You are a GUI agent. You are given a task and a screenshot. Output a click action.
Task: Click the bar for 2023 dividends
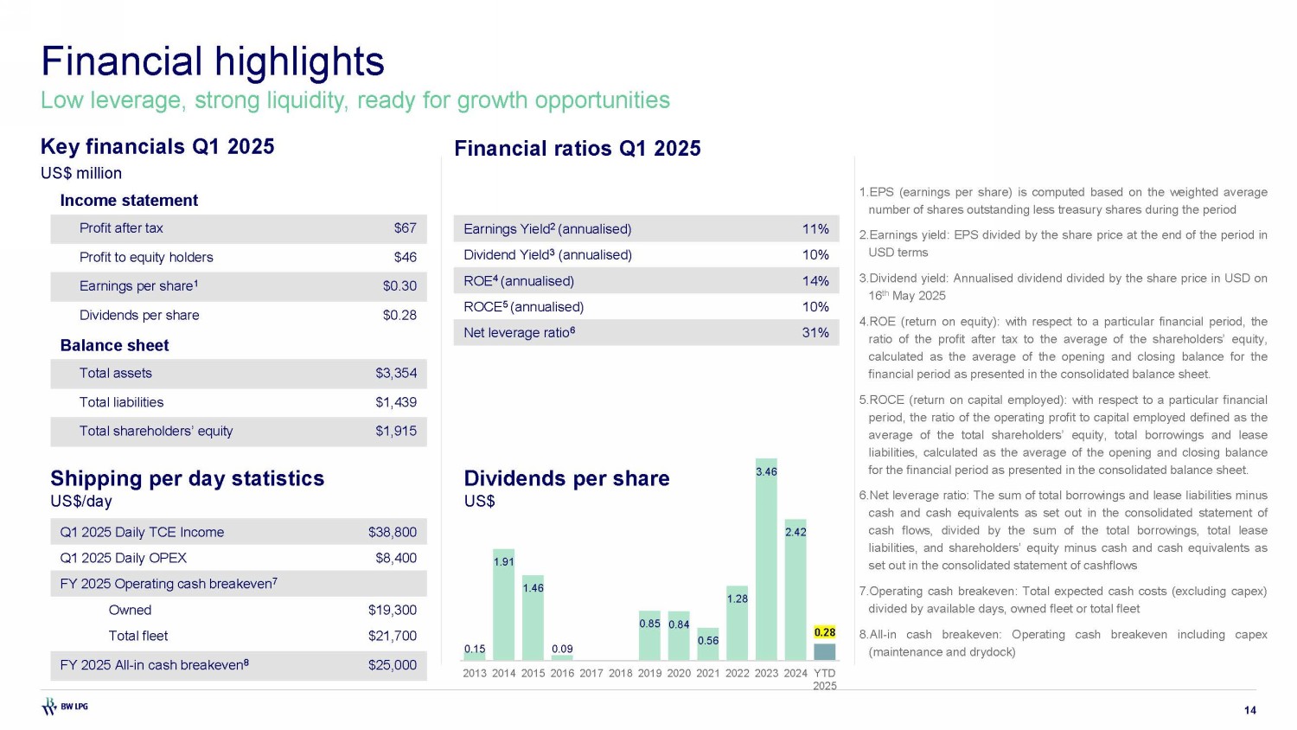pyautogui.click(x=766, y=562)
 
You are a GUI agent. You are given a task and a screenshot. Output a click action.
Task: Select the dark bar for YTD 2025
pyautogui.click(x=825, y=651)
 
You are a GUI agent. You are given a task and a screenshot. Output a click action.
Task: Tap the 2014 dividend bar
pyautogui.click(x=503, y=605)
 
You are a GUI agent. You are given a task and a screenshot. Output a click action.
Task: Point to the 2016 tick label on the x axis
pyautogui.click(x=562, y=673)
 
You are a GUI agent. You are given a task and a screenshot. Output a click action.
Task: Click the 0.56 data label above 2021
pyautogui.click(x=708, y=641)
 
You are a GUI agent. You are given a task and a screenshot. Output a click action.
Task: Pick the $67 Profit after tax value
pyautogui.click(x=405, y=228)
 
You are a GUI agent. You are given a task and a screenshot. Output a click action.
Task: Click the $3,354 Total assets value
pyautogui.click(x=396, y=374)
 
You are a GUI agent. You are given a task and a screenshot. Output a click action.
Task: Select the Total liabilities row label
pyautogui.click(x=121, y=402)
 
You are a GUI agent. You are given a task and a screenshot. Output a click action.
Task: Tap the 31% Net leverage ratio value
pyautogui.click(x=815, y=333)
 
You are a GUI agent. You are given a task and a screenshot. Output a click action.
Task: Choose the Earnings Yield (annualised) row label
pyautogui.click(x=547, y=229)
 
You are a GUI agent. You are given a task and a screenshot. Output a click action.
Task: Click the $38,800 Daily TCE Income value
pyautogui.click(x=393, y=533)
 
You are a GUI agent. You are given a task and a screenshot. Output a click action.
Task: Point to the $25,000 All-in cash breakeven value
pyautogui.click(x=393, y=665)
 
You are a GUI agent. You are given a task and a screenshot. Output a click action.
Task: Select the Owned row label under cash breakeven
pyautogui.click(x=130, y=611)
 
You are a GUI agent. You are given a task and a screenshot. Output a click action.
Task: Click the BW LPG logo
pyautogui.click(x=65, y=708)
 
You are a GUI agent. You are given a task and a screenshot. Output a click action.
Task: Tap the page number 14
pyautogui.click(x=1249, y=710)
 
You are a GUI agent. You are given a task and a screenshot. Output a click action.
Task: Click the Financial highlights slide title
pyautogui.click(x=213, y=61)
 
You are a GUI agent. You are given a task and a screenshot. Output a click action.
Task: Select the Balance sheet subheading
pyautogui.click(x=114, y=346)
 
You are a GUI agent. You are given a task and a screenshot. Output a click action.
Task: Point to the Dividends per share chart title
pyautogui.click(x=566, y=479)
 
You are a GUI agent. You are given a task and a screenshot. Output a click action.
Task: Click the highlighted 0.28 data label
pyautogui.click(x=825, y=633)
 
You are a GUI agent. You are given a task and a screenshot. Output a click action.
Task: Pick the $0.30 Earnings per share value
pyautogui.click(x=399, y=286)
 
